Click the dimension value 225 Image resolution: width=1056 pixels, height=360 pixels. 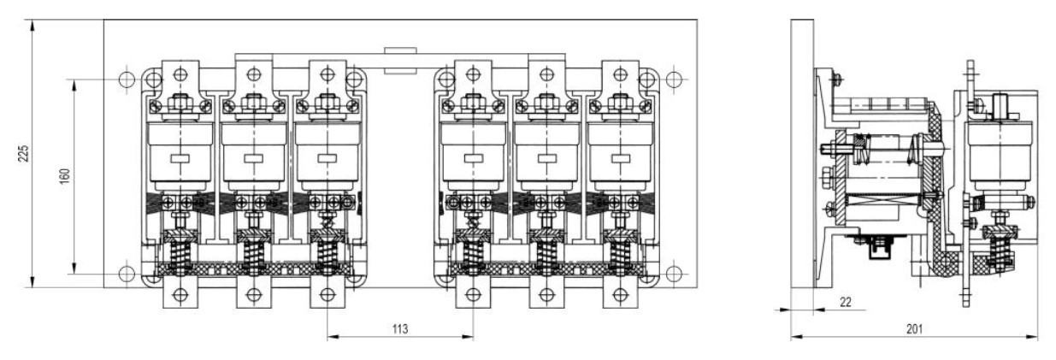(x=24, y=154)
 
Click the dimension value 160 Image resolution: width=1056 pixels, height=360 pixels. (x=65, y=176)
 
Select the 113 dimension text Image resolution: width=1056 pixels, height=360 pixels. (x=400, y=329)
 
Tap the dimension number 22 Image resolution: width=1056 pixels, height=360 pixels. (x=846, y=302)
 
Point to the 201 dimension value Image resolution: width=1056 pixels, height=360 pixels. (x=915, y=329)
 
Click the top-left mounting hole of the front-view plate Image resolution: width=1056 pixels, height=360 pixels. (x=127, y=80)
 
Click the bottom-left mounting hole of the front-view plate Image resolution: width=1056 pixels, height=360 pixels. (x=127, y=274)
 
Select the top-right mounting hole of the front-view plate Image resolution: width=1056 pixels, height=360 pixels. (x=674, y=80)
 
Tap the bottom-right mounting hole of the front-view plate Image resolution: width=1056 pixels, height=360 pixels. (x=674, y=274)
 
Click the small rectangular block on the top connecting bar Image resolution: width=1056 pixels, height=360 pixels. (x=400, y=61)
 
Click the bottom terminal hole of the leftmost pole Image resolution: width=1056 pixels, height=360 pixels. (x=180, y=295)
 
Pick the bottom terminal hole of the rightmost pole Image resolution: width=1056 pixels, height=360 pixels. (x=621, y=295)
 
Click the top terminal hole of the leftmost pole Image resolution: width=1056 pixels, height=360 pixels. (x=180, y=74)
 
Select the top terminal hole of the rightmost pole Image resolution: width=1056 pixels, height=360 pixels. (x=621, y=74)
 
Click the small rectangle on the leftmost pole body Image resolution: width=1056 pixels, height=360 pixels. (x=180, y=159)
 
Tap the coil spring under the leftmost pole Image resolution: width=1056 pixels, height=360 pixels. (x=180, y=257)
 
